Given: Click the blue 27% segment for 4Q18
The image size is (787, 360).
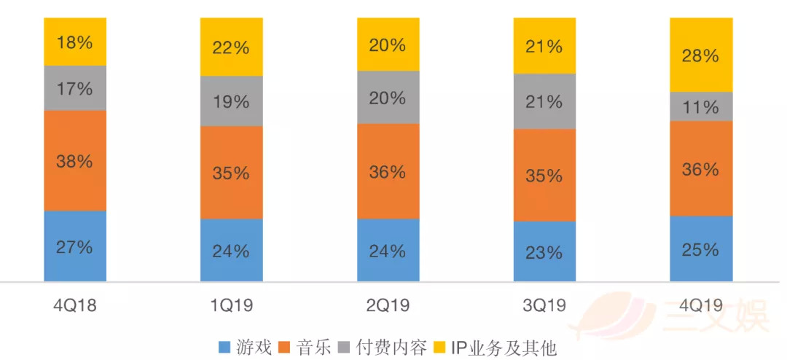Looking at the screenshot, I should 75,246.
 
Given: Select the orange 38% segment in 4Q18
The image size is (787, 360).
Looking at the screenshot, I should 75,161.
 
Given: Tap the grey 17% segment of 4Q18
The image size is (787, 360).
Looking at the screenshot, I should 75,88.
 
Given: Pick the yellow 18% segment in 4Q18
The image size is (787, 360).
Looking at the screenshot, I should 75,42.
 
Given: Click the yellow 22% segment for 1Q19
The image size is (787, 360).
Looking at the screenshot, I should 232,47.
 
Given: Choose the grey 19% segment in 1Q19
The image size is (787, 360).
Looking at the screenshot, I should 232,101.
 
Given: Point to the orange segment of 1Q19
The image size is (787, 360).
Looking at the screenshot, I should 232,173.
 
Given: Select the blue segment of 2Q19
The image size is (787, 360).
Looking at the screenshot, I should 388,251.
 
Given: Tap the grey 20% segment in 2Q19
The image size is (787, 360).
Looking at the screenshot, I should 388,98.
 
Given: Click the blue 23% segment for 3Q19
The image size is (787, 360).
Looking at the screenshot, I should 544,252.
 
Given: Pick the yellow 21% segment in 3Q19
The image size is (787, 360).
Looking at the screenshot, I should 544,46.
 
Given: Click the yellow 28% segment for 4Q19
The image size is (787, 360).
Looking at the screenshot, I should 701,55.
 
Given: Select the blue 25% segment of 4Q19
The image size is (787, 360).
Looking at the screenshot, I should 701,249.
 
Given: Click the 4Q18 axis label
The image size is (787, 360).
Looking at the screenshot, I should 75,305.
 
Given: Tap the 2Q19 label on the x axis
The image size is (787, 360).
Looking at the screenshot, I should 388,305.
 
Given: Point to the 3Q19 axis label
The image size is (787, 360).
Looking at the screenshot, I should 544,305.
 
